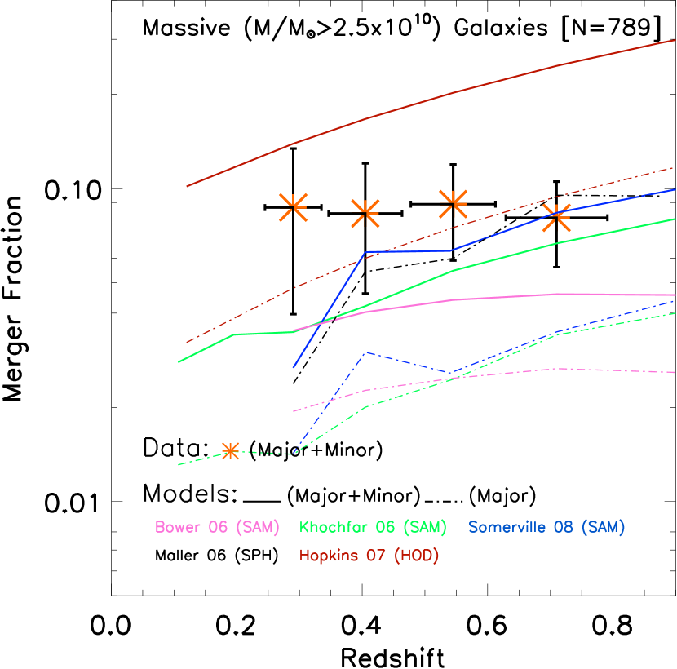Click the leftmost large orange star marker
293,207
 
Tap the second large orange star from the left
365,213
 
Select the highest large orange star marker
453,203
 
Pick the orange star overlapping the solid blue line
556,217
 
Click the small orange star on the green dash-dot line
230,451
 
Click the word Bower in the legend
178,528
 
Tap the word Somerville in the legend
507,528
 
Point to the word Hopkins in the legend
329,556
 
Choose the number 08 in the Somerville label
564,528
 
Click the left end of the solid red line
187,186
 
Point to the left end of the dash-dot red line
187,343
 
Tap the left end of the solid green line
179,361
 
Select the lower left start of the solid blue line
294,367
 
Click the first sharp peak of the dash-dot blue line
366,352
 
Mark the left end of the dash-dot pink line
294,411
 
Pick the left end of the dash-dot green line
179,465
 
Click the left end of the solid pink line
294,331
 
